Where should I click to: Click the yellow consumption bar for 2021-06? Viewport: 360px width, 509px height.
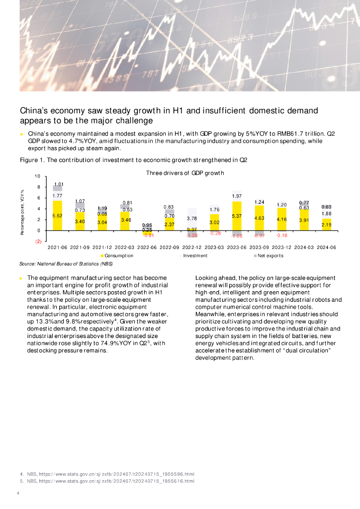click(57, 215)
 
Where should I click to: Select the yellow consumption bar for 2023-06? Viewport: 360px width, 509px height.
click(237, 216)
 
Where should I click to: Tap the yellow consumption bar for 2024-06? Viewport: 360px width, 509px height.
click(327, 225)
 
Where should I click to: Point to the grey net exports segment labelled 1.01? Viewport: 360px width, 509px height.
click(57, 188)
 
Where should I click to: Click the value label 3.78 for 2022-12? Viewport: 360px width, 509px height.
click(192, 218)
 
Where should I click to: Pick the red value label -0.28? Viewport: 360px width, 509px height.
click(215, 233)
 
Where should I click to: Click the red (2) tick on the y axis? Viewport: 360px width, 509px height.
click(38, 241)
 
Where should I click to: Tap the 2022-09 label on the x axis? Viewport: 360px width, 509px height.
click(170, 247)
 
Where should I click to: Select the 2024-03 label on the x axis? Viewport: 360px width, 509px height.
click(304, 247)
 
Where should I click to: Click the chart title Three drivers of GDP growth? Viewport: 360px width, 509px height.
click(185, 173)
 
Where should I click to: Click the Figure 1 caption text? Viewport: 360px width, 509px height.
click(133, 160)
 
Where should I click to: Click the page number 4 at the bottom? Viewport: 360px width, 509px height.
click(18, 493)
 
